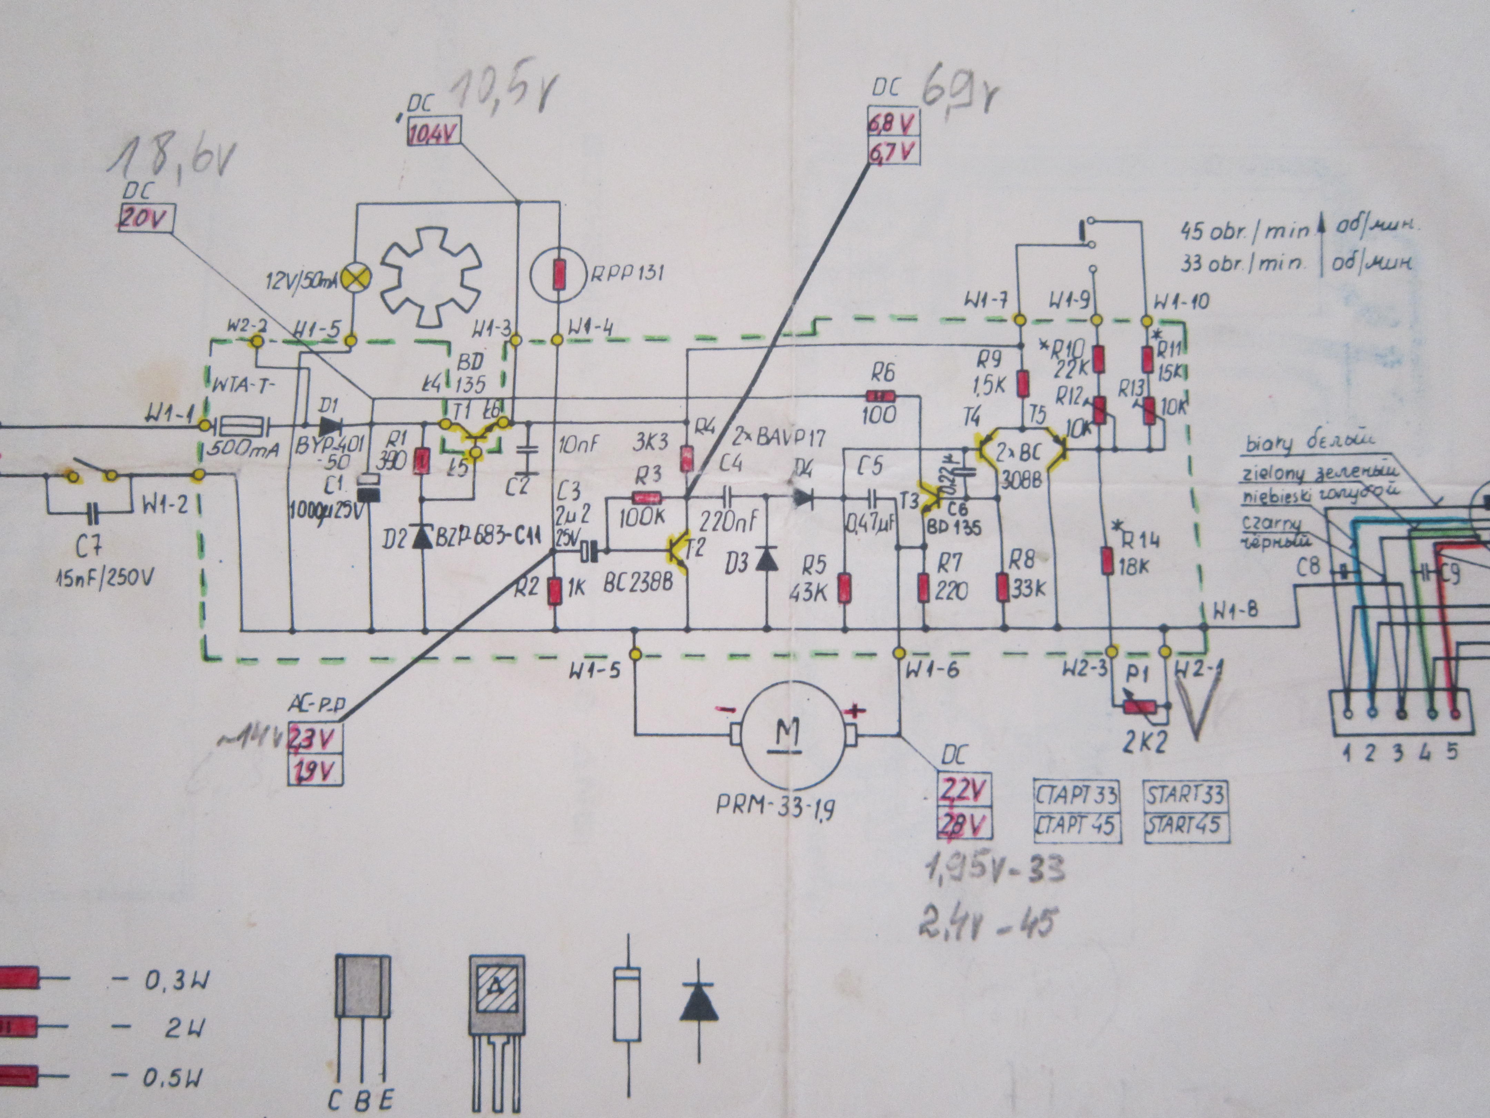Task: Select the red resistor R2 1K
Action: [554, 591]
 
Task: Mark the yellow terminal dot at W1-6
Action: [898, 653]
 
